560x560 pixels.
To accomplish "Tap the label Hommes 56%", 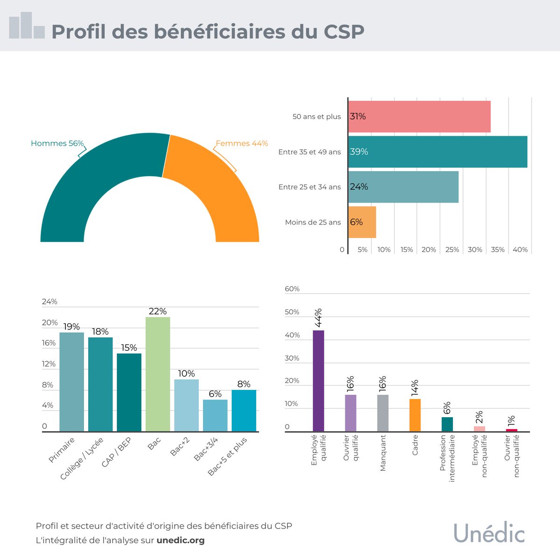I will (x=57, y=143).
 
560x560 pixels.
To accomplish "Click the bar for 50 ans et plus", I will (x=419, y=117).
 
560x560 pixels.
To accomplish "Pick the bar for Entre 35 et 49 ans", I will (x=438, y=152).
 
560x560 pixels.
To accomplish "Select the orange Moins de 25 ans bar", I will (x=362, y=222).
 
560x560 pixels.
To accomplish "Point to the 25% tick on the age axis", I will (x=452, y=250).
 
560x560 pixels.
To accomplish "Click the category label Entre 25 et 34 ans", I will (x=309, y=187).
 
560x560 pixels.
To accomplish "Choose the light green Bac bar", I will (x=158, y=373).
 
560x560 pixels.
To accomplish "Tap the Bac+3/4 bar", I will (x=215, y=415).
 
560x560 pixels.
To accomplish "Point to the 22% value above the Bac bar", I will (x=158, y=311).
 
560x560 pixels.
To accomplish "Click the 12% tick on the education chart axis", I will (x=49, y=364).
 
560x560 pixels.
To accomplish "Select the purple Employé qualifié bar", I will (x=318, y=380).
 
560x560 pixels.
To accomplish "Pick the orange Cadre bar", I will (x=415, y=415).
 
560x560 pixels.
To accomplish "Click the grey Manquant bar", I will (x=383, y=413).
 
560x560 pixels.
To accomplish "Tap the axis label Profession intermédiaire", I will (x=447, y=459).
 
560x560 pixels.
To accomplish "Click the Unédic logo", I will (x=489, y=533).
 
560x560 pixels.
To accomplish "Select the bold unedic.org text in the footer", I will (x=181, y=540).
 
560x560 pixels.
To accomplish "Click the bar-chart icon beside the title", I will (x=27, y=26).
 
